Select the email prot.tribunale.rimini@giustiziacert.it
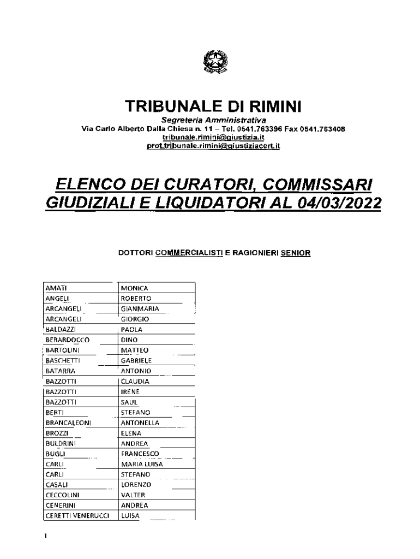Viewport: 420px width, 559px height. tap(213, 146)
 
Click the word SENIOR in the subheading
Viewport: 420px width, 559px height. tap(295, 253)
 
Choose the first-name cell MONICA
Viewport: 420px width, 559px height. tap(134, 288)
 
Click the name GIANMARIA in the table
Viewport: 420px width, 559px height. tap(140, 308)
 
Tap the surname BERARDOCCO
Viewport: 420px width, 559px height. tap(67, 340)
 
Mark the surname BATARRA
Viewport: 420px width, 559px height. tap(61, 371)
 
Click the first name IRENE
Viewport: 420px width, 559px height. tap(130, 391)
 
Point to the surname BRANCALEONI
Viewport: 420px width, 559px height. tap(68, 423)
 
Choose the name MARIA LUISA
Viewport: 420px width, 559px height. tap(142, 464)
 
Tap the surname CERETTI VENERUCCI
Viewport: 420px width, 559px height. tap(77, 515)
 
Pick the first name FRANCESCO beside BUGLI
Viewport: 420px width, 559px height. tap(140, 454)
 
